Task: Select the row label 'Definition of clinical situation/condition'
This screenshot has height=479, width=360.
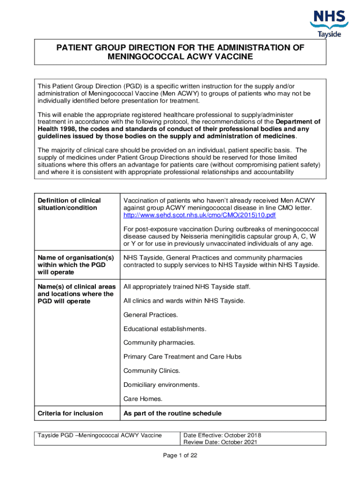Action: click(x=69, y=204)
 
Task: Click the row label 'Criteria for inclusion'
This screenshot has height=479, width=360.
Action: click(x=70, y=413)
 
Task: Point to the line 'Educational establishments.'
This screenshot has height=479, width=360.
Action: click(x=165, y=329)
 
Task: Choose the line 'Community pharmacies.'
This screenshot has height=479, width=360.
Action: click(x=159, y=343)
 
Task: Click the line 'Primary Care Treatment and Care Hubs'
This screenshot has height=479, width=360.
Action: click(x=182, y=356)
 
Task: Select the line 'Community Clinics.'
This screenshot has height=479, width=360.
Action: click(x=151, y=370)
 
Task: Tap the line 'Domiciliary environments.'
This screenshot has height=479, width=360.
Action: click(x=161, y=385)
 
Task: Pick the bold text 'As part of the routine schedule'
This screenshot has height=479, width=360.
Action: click(x=172, y=413)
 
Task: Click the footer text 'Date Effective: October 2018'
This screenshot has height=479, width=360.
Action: click(x=222, y=435)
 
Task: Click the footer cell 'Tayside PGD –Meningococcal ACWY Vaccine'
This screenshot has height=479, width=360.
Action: click(x=100, y=435)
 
